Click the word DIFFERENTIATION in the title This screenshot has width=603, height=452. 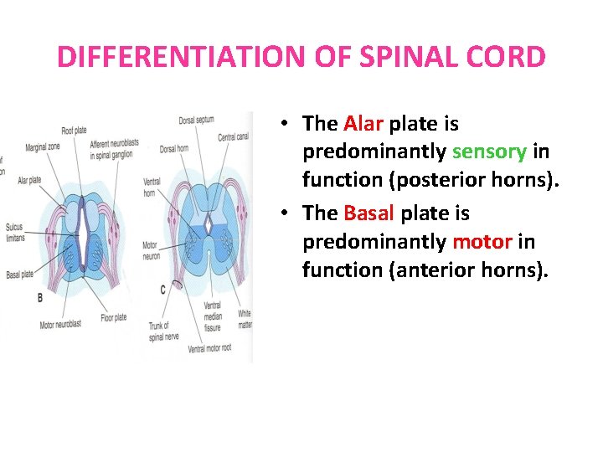[171, 57]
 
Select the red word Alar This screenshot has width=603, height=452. [363, 124]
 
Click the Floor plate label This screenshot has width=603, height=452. [114, 317]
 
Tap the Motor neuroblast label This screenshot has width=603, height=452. [64, 325]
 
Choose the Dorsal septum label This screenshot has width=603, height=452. [197, 121]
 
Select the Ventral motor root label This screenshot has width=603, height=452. [210, 347]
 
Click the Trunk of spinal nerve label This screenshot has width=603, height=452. [159, 330]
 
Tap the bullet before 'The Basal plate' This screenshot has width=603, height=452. [286, 213]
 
